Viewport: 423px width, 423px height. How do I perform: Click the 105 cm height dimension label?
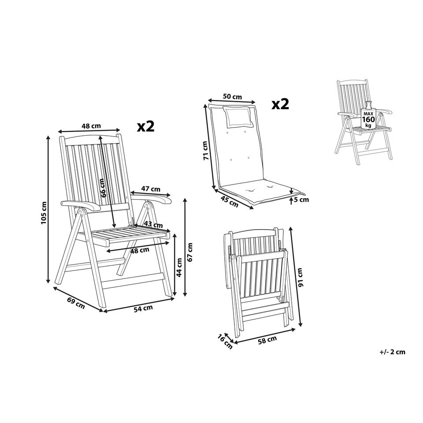click(x=44, y=213)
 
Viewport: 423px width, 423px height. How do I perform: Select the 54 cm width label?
click(x=143, y=308)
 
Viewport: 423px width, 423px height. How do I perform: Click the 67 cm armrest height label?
click(x=190, y=252)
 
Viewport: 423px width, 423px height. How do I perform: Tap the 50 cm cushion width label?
click(x=232, y=96)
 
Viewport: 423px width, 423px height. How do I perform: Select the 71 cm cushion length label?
click(x=204, y=151)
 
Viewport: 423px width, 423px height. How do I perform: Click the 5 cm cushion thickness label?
click(x=301, y=200)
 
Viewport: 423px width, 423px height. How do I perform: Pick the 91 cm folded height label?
click(x=301, y=277)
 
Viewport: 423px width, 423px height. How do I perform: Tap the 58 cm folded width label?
click(x=267, y=339)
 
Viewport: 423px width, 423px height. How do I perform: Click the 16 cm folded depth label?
click(x=225, y=341)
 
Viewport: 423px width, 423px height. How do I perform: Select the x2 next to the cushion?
click(x=280, y=104)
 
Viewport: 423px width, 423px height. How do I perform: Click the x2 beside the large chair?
click(x=145, y=126)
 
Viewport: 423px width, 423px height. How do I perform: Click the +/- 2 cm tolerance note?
click(x=392, y=352)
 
